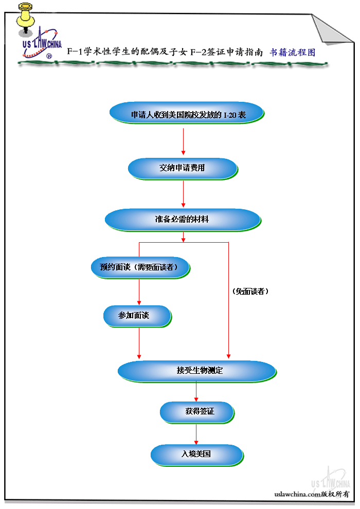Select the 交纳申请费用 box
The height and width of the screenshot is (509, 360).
coord(183,168)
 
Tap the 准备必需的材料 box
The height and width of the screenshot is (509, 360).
coord(183,219)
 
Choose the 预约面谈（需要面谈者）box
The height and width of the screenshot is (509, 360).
coord(140,267)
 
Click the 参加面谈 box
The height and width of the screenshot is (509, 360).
coord(137,315)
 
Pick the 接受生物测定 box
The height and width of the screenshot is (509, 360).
coord(196,371)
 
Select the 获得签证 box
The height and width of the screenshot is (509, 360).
coord(197,411)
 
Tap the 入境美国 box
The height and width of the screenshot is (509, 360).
coord(196,455)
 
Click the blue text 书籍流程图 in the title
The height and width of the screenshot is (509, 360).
coord(293,52)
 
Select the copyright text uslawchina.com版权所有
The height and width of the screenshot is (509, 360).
coord(312,494)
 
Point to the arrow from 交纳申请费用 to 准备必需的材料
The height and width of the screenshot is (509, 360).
coord(184,194)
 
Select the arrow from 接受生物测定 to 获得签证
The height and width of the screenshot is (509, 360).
coord(196,392)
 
